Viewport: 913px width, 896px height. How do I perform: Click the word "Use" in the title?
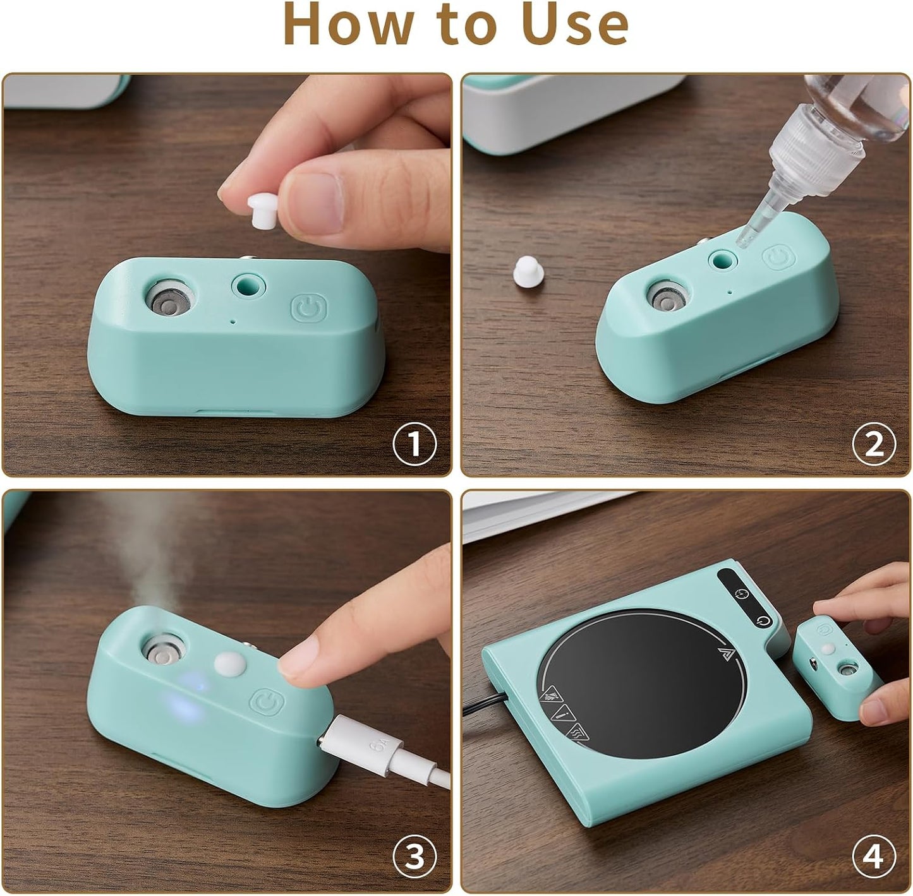pos(575,24)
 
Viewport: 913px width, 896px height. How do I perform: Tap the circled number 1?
pos(414,444)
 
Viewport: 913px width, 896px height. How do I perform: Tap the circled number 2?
pos(874,444)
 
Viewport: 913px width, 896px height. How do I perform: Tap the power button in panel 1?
pos(309,309)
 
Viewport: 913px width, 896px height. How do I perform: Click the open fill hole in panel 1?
pos(248,287)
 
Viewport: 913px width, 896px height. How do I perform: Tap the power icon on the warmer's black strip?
pos(763,621)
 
